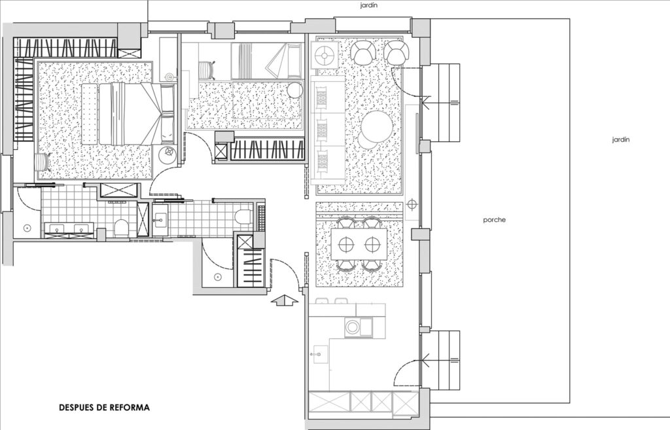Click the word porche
[x=495, y=220]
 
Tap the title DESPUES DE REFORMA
[x=104, y=407]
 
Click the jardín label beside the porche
[x=621, y=139]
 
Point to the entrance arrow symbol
[x=285, y=300]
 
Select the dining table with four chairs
[x=359, y=244]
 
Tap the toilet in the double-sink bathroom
[x=122, y=227]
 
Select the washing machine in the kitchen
[x=353, y=327]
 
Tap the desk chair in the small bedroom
[x=207, y=71]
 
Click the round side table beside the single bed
[x=295, y=90]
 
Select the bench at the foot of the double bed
[x=90, y=114]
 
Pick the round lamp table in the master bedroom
[x=169, y=152]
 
